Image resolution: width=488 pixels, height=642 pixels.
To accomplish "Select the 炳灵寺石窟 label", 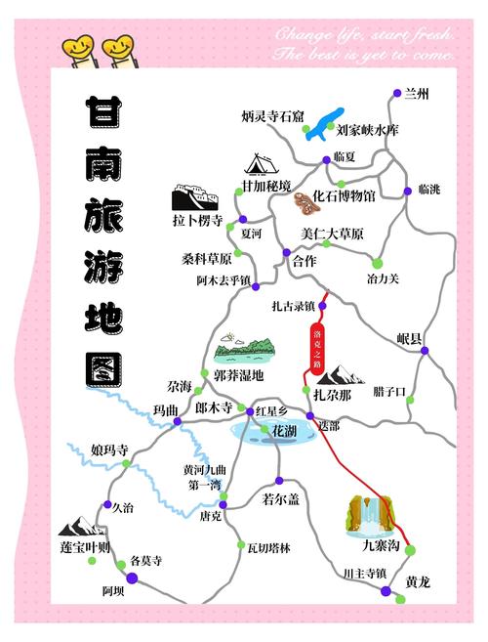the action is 273,116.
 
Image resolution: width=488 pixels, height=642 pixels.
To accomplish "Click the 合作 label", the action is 305,261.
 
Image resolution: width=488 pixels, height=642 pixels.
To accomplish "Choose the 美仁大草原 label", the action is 332,235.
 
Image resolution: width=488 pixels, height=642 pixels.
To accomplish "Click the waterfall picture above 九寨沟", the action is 370,514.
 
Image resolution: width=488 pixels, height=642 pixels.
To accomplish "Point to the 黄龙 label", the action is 418,581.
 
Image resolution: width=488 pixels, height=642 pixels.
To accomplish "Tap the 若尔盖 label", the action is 280,500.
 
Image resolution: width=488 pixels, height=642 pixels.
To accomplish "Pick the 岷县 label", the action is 410,339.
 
